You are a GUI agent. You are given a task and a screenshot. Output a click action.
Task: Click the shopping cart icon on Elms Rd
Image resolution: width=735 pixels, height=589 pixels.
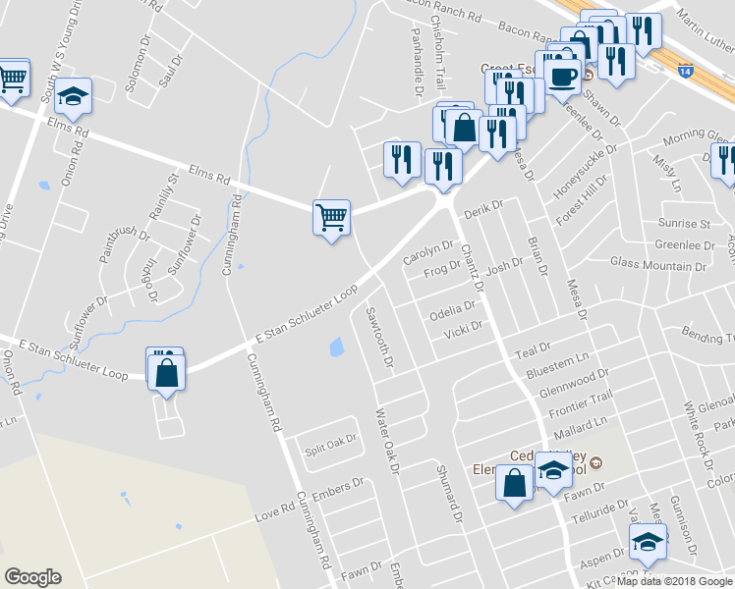click(x=331, y=216)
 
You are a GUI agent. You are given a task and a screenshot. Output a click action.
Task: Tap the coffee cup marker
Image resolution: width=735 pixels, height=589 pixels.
click(x=563, y=76)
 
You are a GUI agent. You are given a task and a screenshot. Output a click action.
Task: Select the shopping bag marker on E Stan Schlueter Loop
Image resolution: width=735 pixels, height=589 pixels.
click(x=167, y=373)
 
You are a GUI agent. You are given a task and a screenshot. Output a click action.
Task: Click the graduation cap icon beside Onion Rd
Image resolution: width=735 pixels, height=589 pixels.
click(x=74, y=97)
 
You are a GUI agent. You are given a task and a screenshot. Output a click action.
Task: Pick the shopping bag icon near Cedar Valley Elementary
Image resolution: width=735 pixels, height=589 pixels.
click(x=515, y=483)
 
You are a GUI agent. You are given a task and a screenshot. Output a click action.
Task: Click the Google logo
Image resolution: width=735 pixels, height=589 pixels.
click(x=32, y=577)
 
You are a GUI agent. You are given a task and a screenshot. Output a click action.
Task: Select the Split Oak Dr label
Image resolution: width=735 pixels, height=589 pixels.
click(x=329, y=441)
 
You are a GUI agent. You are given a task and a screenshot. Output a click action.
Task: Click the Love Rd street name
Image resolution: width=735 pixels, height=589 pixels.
click(x=274, y=513)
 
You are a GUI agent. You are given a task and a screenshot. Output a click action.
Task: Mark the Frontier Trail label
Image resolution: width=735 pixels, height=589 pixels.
click(x=583, y=396)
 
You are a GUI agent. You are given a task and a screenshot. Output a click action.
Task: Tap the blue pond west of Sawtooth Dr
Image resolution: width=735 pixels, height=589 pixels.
click(x=337, y=347)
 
